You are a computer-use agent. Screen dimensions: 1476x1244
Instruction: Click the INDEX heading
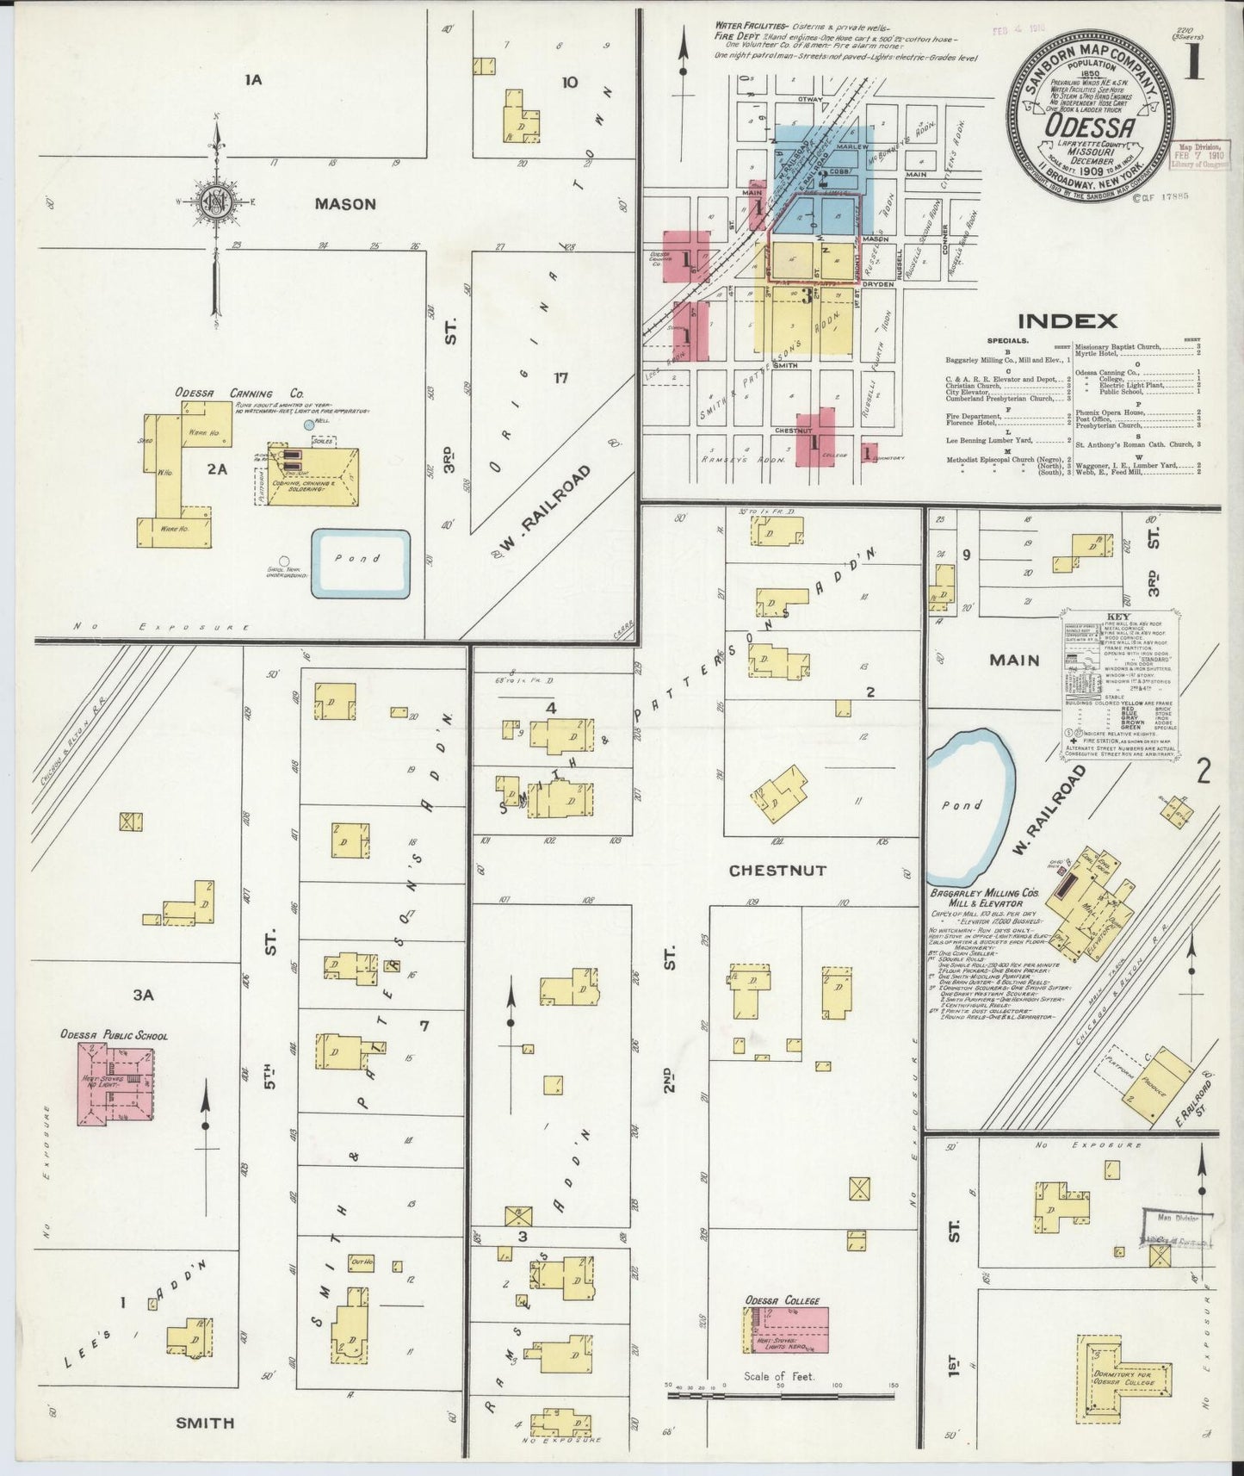pos(1068,321)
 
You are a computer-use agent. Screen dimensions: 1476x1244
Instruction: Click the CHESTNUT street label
pos(777,871)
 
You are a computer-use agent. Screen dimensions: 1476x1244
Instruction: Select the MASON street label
pos(345,204)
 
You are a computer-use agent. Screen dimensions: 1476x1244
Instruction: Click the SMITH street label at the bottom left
pos(205,1423)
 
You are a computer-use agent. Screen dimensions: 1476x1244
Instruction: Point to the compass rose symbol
pos(214,203)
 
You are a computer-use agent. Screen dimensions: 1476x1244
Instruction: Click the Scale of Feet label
pos(779,1376)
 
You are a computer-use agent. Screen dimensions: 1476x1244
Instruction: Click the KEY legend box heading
pos(1119,617)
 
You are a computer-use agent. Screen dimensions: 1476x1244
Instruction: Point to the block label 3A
pos(143,995)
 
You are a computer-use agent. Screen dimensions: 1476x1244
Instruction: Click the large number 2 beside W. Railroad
pos(1203,771)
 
